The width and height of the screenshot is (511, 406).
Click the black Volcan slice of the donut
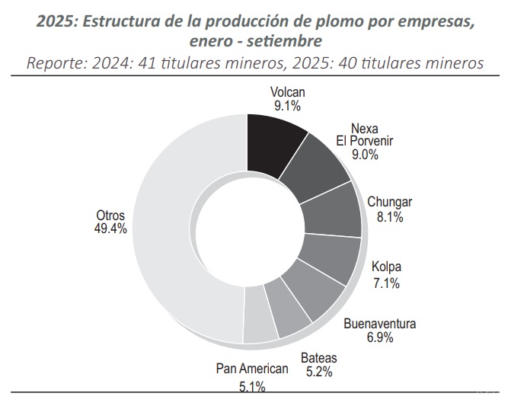274,142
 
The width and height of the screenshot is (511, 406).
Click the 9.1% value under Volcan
287,106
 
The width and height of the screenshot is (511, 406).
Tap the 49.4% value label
111,227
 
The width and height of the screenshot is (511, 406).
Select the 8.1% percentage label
389,216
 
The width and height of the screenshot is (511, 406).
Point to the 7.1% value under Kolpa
386,283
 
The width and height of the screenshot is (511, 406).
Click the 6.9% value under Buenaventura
379,337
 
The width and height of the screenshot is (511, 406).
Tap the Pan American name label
252,369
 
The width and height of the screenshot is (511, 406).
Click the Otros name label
110,214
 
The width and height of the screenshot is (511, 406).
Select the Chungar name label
389,203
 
